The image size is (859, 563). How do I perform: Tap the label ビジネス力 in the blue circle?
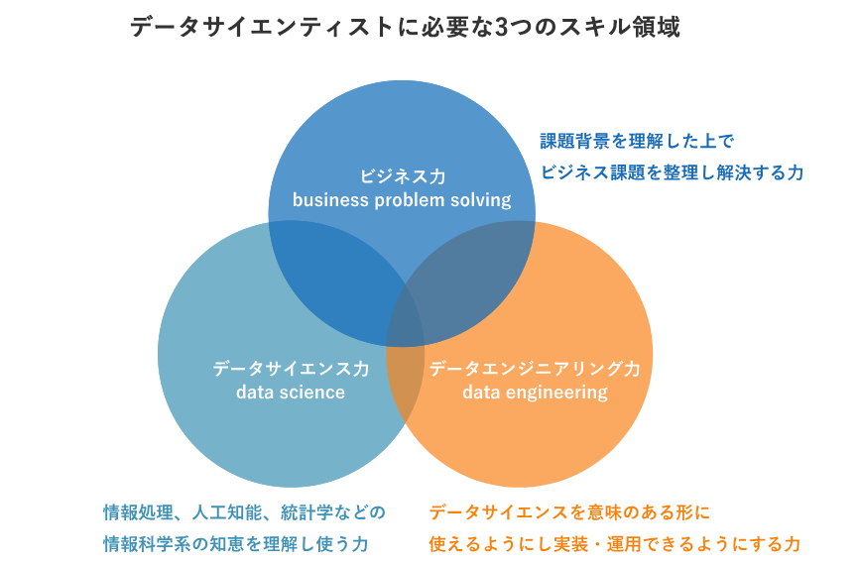tap(402, 176)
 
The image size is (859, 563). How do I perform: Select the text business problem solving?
tap(402, 200)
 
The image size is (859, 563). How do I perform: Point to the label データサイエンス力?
tap(291, 369)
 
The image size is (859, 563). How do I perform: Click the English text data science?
tap(291, 393)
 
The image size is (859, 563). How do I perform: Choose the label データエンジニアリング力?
tap(535, 369)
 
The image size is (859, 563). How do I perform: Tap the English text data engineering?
tap(535, 393)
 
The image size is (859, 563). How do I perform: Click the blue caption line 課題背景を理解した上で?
tap(636, 141)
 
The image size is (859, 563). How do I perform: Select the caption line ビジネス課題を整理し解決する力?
tap(672, 172)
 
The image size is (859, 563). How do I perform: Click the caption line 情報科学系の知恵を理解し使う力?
tap(236, 544)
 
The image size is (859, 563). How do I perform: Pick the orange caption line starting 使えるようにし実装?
tap(614, 544)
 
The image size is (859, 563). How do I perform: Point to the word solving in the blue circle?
tap(482, 200)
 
